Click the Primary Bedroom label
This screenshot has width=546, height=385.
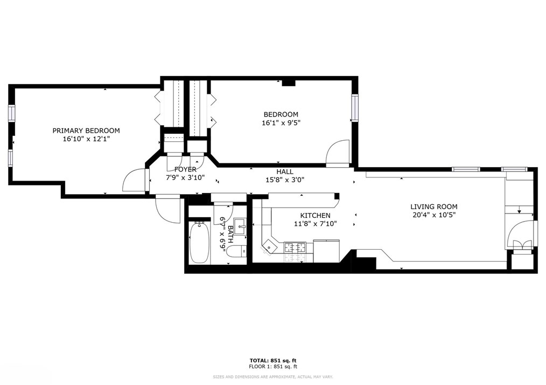click(86, 131)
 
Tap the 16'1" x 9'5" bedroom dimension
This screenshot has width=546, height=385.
click(281, 123)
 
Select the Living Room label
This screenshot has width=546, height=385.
click(434, 207)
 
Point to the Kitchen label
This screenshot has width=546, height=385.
click(316, 216)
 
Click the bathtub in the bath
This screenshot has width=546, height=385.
click(200, 243)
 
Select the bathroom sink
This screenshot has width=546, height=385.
click(240, 227)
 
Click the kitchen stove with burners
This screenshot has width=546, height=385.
click(295, 247)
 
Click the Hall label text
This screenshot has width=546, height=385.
click(285, 171)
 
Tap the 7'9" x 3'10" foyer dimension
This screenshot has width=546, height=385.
click(185, 177)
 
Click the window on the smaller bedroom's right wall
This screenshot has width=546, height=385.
click(354, 108)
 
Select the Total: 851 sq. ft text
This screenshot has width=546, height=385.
click(273, 361)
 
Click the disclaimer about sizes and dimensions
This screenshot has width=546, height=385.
click(273, 377)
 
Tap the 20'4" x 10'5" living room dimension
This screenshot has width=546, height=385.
click(434, 215)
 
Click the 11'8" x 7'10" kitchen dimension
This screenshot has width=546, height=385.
click(316, 224)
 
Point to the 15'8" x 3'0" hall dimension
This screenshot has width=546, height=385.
click(285, 180)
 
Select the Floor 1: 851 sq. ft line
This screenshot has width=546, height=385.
click(273, 367)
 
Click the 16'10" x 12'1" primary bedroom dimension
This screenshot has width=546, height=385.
click(86, 139)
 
